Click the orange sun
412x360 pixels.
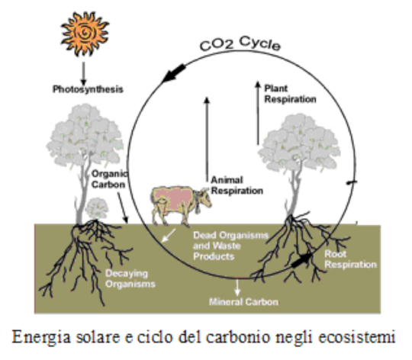pyautogui.click(x=85, y=34)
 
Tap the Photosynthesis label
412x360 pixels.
pyautogui.click(x=88, y=89)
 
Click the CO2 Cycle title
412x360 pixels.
pyautogui.click(x=240, y=43)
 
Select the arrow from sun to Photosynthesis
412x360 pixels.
pyautogui.click(x=84, y=73)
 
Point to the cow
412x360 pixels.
pyautogui.click(x=181, y=205)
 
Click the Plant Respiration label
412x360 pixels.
pyautogui.click(x=290, y=94)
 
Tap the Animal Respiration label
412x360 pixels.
pyautogui.click(x=237, y=185)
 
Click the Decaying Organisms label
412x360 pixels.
pyautogui.click(x=130, y=278)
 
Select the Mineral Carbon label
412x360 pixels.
pyautogui.click(x=244, y=302)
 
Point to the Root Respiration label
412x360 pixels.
pyautogui.click(x=350, y=259)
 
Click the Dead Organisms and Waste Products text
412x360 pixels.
pyautogui.click(x=230, y=246)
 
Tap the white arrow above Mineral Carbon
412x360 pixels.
pyautogui.click(x=237, y=288)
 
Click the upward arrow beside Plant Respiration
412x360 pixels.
pyautogui.click(x=258, y=113)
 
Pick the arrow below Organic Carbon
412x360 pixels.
pyautogui.click(x=122, y=208)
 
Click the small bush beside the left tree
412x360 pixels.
pyautogui.click(x=97, y=208)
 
